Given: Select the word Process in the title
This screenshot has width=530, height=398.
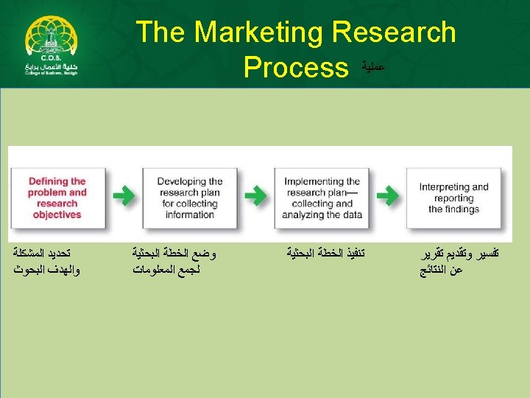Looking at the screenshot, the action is (x=295, y=68).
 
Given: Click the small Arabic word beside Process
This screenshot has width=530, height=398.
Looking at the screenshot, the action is (x=374, y=67).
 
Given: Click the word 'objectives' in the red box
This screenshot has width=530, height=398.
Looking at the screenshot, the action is (x=57, y=214).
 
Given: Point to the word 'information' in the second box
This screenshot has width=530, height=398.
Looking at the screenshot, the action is (x=190, y=214).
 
